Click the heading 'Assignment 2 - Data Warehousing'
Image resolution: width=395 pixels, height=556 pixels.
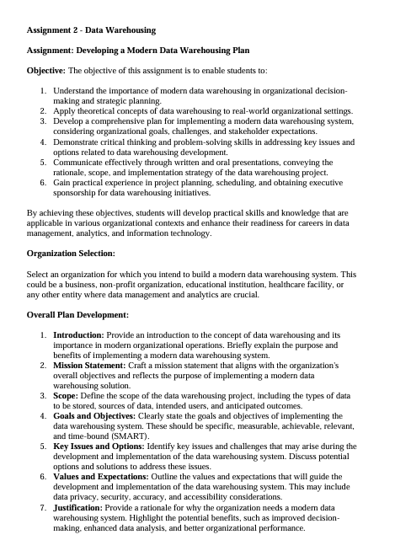(x=91, y=30)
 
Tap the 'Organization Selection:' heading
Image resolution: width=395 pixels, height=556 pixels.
(x=71, y=253)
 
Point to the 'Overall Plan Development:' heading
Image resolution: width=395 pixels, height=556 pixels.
(x=77, y=314)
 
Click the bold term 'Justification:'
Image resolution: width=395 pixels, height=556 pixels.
(x=83, y=509)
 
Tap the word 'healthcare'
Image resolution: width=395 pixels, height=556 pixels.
(x=291, y=285)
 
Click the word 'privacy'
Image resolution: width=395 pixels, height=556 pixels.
(x=91, y=496)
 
